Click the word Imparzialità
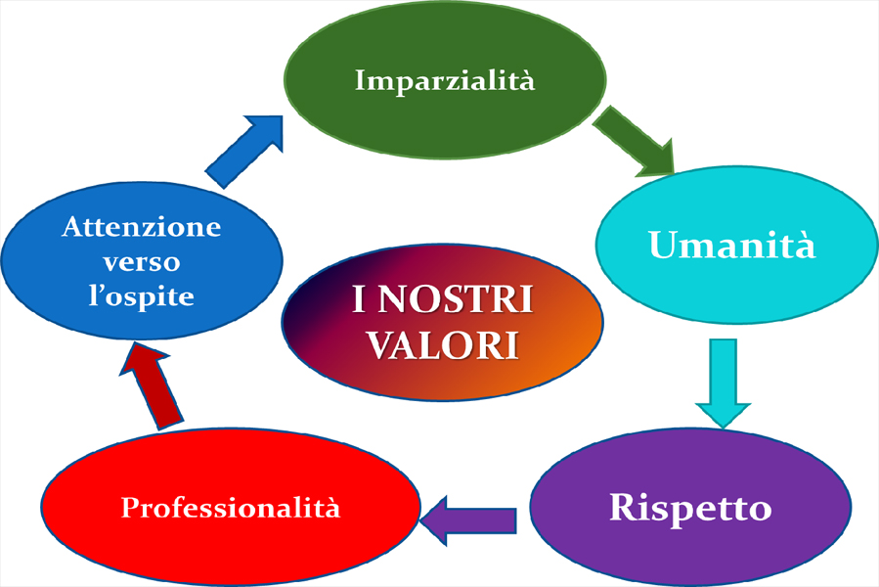(445, 81)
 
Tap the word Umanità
(731, 245)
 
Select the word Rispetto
(690, 509)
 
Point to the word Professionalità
(231, 508)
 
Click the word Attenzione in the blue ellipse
(141, 227)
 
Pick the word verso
(141, 262)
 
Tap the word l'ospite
(141, 295)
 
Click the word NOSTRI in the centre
(455, 298)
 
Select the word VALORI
(443, 344)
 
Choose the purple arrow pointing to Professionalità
(468, 520)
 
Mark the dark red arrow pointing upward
(151, 386)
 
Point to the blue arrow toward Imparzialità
(244, 152)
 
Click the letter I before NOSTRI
(359, 298)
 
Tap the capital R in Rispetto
(623, 507)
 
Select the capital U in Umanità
(663, 245)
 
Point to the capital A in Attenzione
(74, 227)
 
